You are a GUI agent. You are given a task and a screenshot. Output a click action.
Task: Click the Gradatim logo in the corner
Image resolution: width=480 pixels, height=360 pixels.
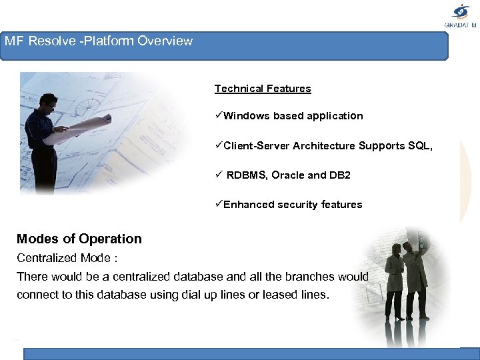(x=461, y=15)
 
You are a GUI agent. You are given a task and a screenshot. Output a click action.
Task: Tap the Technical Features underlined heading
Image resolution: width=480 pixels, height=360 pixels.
(x=263, y=89)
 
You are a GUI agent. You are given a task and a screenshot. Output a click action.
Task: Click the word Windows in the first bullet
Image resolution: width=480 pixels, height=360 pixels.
(x=247, y=116)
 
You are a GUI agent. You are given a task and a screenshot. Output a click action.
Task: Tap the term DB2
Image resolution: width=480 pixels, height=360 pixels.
(x=339, y=175)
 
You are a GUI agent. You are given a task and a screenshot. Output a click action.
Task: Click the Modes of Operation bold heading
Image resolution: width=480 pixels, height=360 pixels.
(x=79, y=239)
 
